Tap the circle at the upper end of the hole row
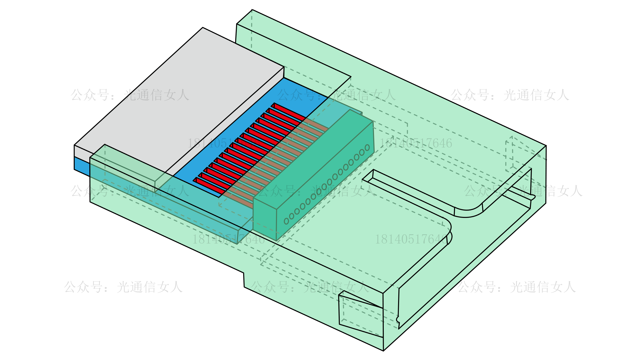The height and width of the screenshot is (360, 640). pos(367,147)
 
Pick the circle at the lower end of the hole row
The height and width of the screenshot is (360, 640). pos(286,221)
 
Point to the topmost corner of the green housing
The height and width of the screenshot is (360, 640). pos(252,10)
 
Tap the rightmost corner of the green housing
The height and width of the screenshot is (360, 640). pos(546,146)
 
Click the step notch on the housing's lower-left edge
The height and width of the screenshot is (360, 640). pos(244,280)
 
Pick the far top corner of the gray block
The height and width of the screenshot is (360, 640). pos(203,28)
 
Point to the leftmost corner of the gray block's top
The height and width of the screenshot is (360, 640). pos(74,145)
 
